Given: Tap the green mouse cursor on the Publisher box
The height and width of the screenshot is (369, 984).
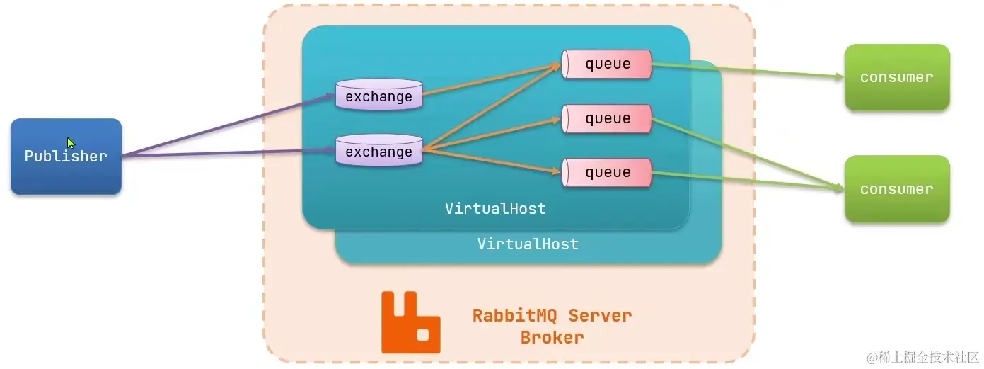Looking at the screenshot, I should coord(71,143).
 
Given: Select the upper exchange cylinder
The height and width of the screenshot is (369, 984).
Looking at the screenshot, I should coord(378,95).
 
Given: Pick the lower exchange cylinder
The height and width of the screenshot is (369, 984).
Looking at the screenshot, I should coord(378,150).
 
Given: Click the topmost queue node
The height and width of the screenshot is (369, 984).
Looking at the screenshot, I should coord(607,64).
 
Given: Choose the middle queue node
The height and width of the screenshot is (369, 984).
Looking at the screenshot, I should coord(607,118).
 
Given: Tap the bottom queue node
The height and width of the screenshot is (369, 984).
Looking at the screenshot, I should coord(607,173).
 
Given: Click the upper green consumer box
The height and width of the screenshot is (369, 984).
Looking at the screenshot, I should coord(896,77).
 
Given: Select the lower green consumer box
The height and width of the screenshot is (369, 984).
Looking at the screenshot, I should coord(896,189).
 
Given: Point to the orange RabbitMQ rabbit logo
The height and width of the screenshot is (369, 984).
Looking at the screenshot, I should coord(410,322).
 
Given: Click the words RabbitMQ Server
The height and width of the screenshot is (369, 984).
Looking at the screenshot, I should coord(552,315).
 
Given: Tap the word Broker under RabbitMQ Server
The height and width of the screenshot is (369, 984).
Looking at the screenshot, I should coord(552,337).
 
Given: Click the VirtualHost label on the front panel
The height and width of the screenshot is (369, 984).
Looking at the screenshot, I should coord(495,208).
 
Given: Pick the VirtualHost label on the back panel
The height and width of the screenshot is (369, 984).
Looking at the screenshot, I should coord(528,244).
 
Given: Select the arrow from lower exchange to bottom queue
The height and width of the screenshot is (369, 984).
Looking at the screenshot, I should coord(492,160).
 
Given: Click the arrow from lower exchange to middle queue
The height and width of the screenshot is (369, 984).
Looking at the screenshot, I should coord(492,135).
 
